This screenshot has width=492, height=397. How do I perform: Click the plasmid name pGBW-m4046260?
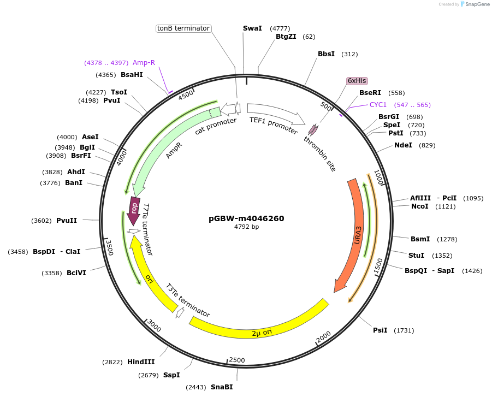pos(246,218)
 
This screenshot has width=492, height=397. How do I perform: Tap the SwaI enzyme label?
pos(252,28)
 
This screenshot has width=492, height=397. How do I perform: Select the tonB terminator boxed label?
pos(183,28)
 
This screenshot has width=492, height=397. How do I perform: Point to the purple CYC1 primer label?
pos(378,105)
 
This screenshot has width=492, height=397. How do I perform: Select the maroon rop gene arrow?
pos(133,210)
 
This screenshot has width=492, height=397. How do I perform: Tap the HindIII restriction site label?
pos(141,362)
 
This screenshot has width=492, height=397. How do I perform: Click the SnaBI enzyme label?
pos(222,387)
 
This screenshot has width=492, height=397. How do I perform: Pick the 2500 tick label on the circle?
pos(237,360)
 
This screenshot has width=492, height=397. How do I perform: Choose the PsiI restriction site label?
pos(380,330)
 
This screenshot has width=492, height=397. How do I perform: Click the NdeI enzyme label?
pos(403,145)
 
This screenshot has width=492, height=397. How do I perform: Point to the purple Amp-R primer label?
pos(144,63)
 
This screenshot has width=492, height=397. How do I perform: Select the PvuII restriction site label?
pos(67,221)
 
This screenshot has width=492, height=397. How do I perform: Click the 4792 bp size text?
pos(246,227)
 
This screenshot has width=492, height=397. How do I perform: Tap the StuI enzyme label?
pos(416,256)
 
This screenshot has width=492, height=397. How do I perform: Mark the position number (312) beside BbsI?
pos(349,54)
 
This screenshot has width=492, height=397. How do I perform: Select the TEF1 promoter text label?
pos(274,126)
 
